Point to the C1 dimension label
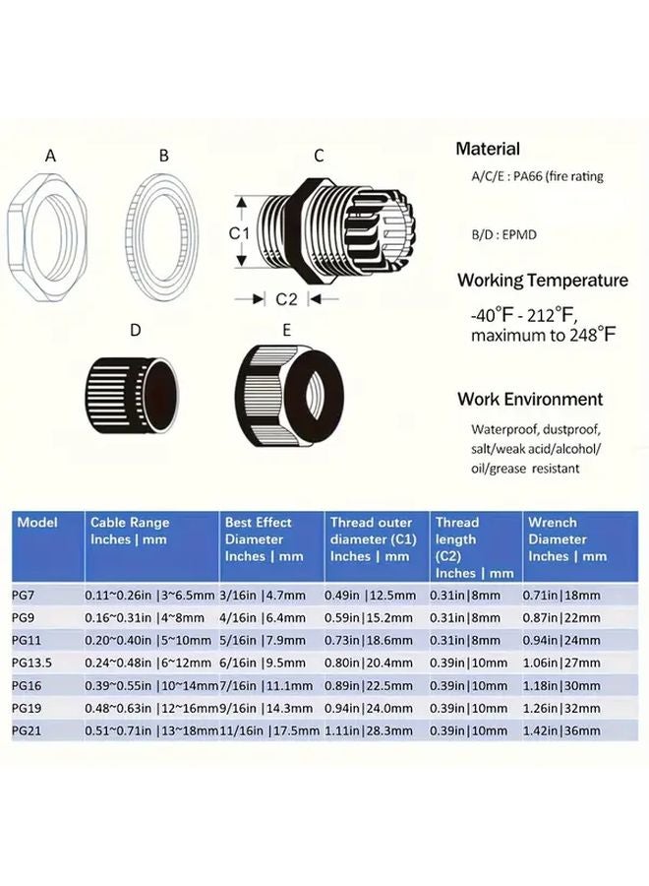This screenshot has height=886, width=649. (237, 233)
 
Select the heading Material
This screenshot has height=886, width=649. (488, 150)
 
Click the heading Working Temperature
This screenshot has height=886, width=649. (542, 281)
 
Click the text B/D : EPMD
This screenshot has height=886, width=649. (504, 234)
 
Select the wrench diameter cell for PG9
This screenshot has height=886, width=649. (566, 617)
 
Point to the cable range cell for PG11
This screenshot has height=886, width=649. (147, 640)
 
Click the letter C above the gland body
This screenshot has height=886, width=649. (319, 156)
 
